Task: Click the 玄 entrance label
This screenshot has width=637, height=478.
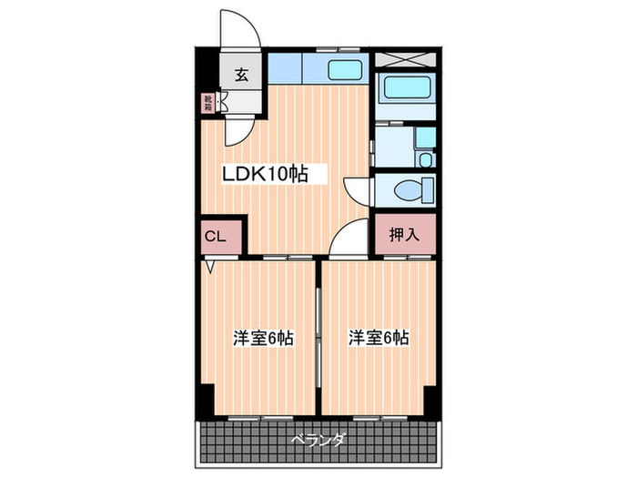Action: pos(243,75)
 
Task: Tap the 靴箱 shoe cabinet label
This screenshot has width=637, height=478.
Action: pos(208,102)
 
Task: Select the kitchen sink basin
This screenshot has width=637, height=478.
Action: pos(345,70)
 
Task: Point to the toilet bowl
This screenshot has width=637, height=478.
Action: pos(401,191)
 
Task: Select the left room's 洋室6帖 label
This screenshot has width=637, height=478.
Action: pos(262,339)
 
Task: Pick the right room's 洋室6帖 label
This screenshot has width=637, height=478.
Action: pos(379,338)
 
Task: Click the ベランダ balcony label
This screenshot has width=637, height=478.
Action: pos(318,442)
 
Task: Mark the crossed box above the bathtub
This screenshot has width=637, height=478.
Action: pos(404,56)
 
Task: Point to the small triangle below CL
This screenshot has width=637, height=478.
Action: pos(210,267)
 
